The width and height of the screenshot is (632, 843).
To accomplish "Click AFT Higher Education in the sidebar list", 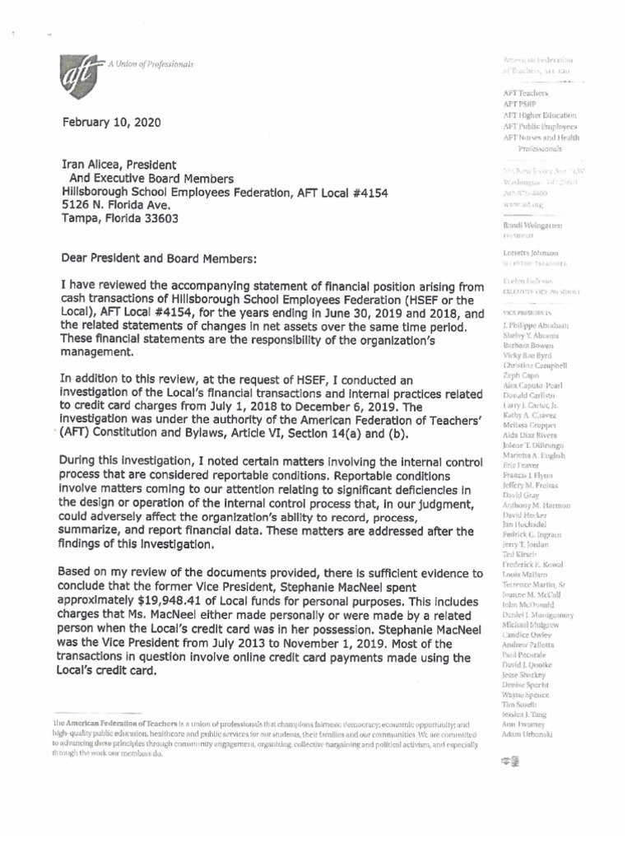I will click(x=539, y=116).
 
